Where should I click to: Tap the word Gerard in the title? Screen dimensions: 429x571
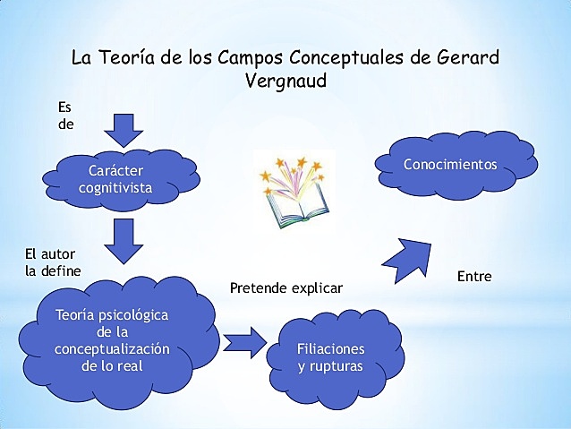467,57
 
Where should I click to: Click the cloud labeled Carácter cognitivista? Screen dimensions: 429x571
116,178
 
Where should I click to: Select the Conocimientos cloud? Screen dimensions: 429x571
450,167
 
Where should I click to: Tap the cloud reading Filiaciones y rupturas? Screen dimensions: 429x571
331,356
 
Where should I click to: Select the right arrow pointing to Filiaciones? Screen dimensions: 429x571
246,342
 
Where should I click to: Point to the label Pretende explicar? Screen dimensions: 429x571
286,288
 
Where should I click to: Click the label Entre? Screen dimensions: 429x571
474,277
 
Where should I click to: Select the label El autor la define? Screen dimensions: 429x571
53,262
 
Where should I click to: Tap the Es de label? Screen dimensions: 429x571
65,116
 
